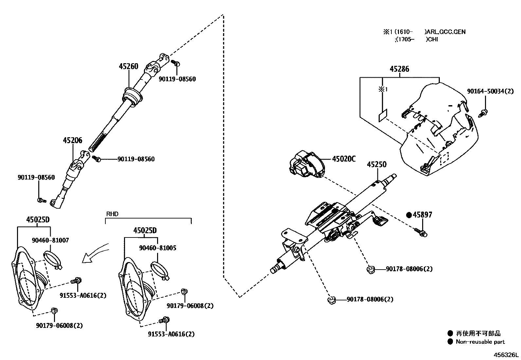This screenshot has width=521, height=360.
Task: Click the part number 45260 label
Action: tap(128, 66)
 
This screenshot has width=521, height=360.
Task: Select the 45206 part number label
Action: tap(72, 141)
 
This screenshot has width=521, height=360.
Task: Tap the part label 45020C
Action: tap(344, 159)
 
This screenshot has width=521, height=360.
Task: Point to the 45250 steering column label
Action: tap(376, 164)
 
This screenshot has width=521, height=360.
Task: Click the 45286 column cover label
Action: tap(399, 69)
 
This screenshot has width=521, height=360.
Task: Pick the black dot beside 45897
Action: tap(409, 215)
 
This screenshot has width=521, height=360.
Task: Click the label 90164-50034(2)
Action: tap(490, 91)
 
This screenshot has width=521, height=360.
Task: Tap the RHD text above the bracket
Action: tap(112, 214)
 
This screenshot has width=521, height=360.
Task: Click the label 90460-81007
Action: tap(50, 240)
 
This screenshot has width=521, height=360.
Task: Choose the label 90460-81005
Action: tap(157, 248)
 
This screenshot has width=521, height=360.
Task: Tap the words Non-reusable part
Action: tap(480, 342)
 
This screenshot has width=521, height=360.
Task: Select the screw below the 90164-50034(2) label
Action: tap(484, 113)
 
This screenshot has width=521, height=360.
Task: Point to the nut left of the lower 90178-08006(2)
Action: tap(331, 300)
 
